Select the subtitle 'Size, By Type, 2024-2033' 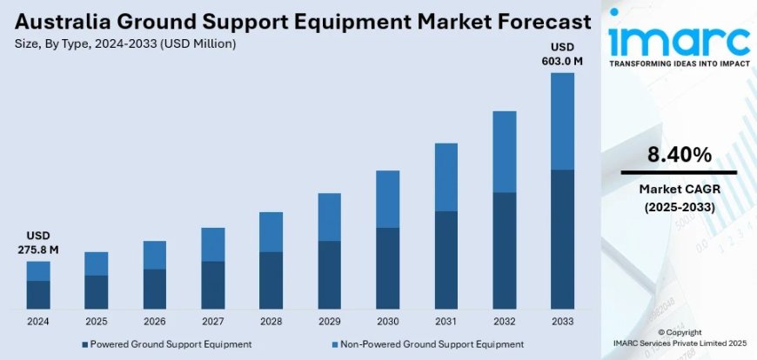(x=123, y=43)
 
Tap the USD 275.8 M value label (x=37, y=243)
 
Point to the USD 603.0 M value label (x=562, y=53)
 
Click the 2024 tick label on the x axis (x=38, y=321)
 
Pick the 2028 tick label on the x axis (x=271, y=321)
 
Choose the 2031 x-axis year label (x=445, y=321)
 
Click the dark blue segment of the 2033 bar (x=562, y=238)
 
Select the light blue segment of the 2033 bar (x=562, y=121)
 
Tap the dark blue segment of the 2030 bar (x=387, y=268)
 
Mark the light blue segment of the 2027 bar (x=212, y=244)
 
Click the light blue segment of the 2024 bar (x=38, y=270)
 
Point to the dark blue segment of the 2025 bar (x=97, y=291)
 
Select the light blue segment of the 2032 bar (x=504, y=151)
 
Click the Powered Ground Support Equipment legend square (x=85, y=344)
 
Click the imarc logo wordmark (x=679, y=39)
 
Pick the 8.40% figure (x=679, y=156)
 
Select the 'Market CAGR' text (x=679, y=189)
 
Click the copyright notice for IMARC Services (x=679, y=344)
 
